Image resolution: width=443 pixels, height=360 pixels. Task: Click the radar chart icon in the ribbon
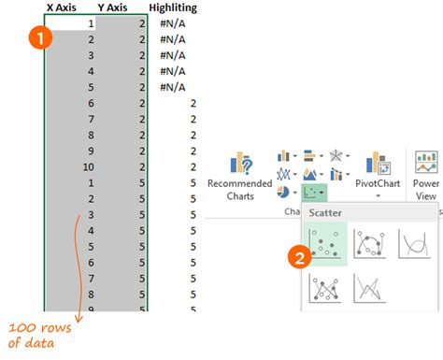[336, 155]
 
